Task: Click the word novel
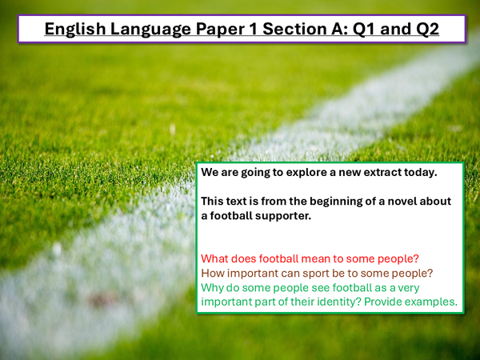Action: click(408, 201)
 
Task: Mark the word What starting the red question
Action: click(215, 258)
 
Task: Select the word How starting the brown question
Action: click(213, 273)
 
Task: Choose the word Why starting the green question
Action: click(213, 287)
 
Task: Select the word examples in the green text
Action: click(432, 302)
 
